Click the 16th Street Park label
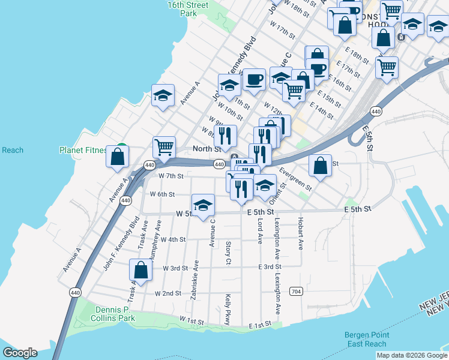[x=188, y=9]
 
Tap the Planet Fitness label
[x=83, y=150]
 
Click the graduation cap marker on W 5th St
[x=203, y=206]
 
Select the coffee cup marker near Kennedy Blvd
[x=253, y=79]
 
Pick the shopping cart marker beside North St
[x=164, y=146]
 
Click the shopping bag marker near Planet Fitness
[x=118, y=157]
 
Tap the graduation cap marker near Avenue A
[x=163, y=96]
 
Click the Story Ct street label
[x=228, y=252]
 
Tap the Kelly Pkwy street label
[x=228, y=308]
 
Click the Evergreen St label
[x=295, y=179]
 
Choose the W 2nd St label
[x=168, y=293]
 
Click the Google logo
[x=20, y=352]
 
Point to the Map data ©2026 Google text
[x=412, y=355]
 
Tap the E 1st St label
[x=261, y=325]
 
